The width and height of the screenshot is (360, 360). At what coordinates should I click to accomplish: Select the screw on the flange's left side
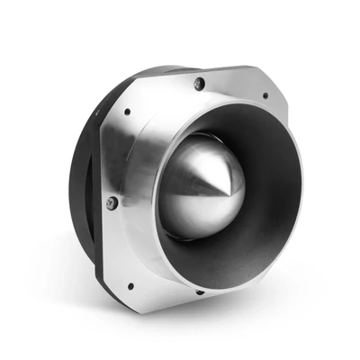112,203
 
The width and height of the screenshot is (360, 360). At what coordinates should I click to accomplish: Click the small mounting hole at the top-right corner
264,94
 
